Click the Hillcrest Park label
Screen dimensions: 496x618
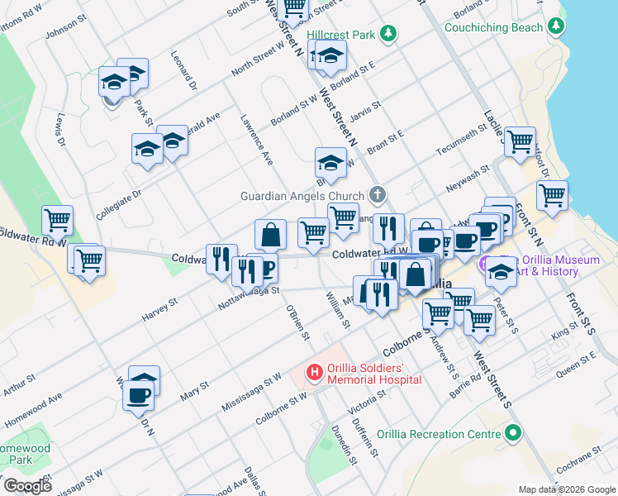point(340,35)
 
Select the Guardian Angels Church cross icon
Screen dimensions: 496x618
point(377,196)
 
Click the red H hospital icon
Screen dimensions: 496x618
point(314,374)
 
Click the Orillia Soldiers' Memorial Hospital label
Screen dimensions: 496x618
point(364,374)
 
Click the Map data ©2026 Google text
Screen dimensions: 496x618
point(567,489)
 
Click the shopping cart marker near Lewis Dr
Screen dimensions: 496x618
point(58,221)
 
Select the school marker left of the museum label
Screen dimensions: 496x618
point(500,270)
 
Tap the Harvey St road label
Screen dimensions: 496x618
point(160,311)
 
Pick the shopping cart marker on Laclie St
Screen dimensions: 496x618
point(520,142)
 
